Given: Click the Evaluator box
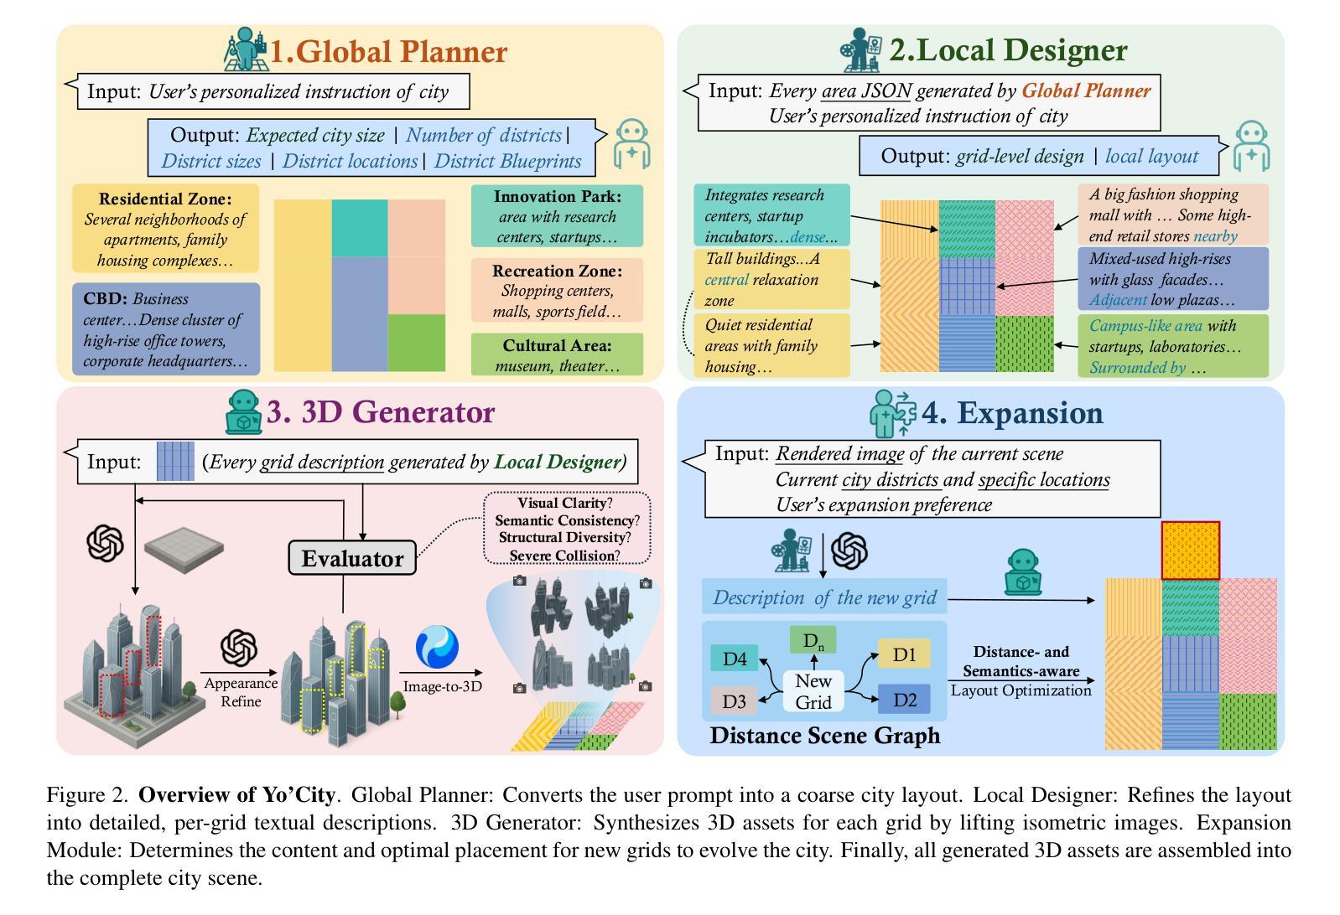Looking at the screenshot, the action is tap(351, 558).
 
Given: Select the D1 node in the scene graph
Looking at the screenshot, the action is tap(904, 654).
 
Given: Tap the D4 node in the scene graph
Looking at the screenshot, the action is tap(735, 659).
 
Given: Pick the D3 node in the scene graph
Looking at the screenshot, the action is tap(735, 700).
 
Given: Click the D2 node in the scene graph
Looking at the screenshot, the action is tap(904, 700).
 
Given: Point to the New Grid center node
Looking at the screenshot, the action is tap(813, 692).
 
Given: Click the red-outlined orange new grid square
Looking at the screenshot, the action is tap(1190, 550).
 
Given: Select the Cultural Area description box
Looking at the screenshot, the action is tap(557, 354).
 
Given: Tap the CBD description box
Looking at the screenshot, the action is tap(166, 329).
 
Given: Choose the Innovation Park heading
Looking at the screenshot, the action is tap(558, 197).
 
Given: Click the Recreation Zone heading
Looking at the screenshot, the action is tap(557, 271).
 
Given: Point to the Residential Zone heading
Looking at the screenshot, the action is tap(165, 199).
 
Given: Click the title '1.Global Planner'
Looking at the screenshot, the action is tap(388, 51).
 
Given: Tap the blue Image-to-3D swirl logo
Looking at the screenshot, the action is tap(438, 648).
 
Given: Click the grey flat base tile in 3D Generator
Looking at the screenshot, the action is tap(184, 545).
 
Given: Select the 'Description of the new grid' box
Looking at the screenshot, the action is tap(824, 597).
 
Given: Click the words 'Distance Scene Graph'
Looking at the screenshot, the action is tap(824, 736).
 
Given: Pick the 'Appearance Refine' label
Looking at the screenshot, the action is tap(241, 692).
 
